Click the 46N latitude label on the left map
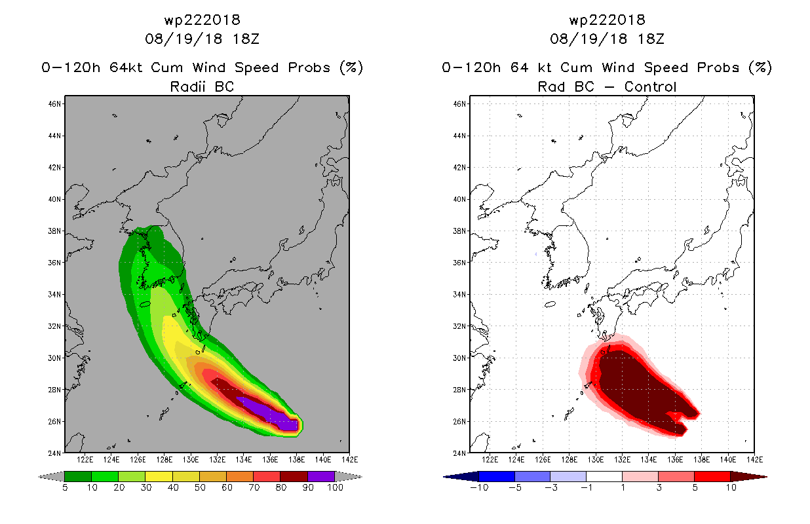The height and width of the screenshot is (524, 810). click(54, 104)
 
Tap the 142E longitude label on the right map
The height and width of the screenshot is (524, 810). click(754, 460)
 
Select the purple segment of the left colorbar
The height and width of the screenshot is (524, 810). click(321, 476)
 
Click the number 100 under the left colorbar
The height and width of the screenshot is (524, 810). click(335, 487)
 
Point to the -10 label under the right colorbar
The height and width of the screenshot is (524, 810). click(479, 487)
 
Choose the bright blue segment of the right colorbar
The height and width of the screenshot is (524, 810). click(497, 476)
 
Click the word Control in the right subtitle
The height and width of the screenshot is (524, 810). click(650, 86)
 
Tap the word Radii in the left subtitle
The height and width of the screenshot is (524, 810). click(187, 86)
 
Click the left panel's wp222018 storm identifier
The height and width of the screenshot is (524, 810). click(202, 20)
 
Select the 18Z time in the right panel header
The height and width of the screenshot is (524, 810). click(651, 39)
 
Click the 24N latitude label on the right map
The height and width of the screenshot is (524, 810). click(459, 453)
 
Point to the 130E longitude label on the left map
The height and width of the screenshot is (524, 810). click(191, 460)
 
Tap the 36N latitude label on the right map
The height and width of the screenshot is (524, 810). click(459, 263)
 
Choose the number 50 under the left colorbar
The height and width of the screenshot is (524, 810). click(200, 487)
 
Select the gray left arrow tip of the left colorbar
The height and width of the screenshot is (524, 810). click(39, 477)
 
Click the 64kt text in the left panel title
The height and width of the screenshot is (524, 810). click(126, 67)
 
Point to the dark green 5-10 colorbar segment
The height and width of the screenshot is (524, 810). click(78, 476)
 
